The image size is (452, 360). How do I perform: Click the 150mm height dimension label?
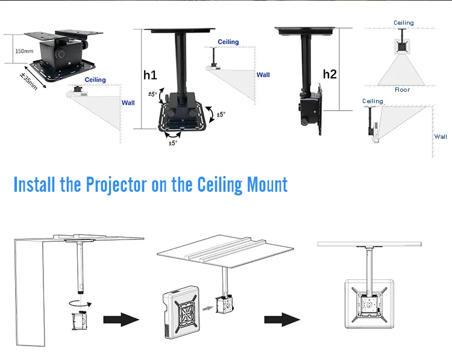click(24, 51)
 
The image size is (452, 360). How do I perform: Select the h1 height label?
click(150, 75)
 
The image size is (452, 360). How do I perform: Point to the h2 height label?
click(330, 74)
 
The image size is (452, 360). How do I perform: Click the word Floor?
click(402, 90)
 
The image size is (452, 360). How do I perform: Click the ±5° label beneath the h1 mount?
click(173, 143)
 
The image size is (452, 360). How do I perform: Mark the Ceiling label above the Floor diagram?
click(404, 23)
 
